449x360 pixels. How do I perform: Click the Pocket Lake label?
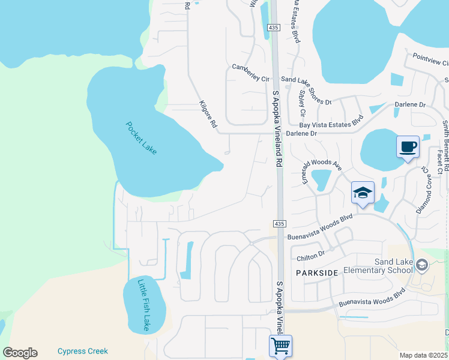(142, 139)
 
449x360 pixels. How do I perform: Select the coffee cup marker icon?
(408, 147)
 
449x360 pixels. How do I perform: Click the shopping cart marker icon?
(280, 346)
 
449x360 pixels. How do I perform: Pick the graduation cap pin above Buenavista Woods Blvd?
(363, 193)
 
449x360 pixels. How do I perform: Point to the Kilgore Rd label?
(208, 115)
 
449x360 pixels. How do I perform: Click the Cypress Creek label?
(82, 351)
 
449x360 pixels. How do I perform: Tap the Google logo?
(20, 353)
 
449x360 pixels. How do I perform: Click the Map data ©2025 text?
(424, 355)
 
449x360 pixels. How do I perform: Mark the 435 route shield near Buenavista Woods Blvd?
(279, 224)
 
